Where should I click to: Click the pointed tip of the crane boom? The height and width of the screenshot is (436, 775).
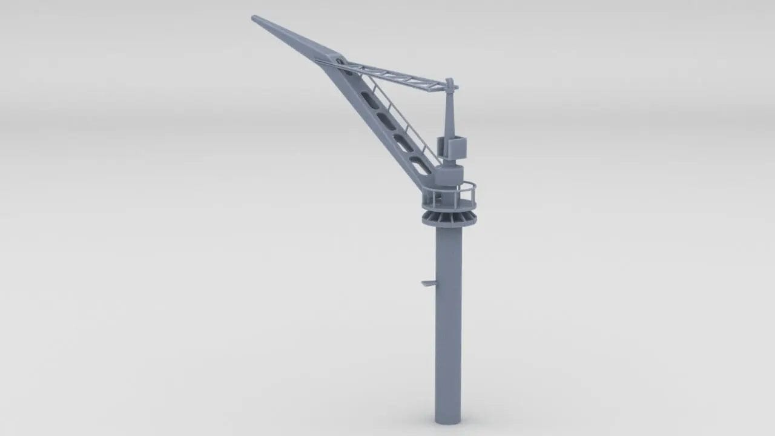254,18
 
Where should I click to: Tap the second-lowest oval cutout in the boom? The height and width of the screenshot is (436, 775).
403,142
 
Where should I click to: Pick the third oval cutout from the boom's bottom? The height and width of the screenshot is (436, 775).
386,120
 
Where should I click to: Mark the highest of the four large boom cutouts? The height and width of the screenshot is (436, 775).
370,99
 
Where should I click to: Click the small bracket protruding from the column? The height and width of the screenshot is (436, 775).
429,283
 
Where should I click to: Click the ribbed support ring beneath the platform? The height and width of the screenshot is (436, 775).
449,218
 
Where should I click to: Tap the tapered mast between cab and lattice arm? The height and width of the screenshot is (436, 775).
449,115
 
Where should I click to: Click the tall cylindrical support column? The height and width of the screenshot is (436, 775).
448,321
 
